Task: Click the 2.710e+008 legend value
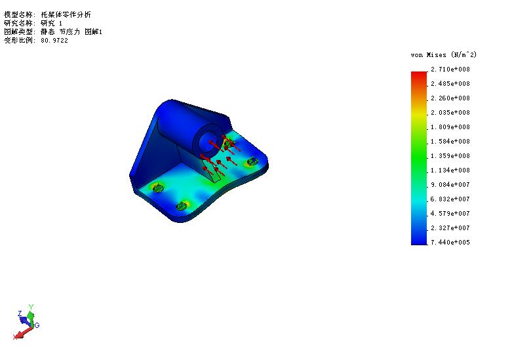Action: [x=450, y=70]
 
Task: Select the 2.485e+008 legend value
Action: [x=450, y=84]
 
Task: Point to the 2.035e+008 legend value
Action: [x=450, y=113]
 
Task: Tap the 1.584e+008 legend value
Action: [x=450, y=142]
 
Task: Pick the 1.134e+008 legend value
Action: [x=450, y=170]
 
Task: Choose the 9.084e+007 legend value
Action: [x=450, y=185]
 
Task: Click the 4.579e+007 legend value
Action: [x=450, y=214]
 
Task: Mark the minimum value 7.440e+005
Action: [x=450, y=243]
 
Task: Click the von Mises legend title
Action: [x=443, y=55]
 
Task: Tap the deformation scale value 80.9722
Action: [x=54, y=41]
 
